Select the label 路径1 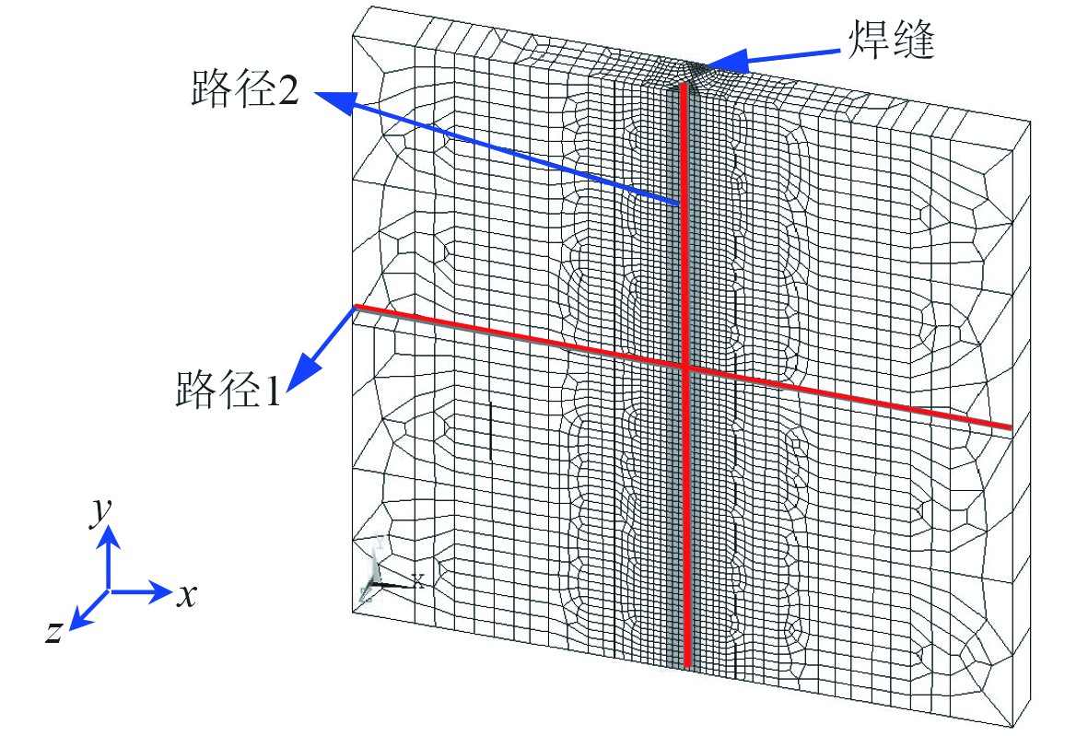[x=227, y=388]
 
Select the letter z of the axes [x=54, y=632]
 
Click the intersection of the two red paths [x=684, y=367]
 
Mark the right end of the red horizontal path [x=1012, y=427]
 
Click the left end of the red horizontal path [x=357, y=306]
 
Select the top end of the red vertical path [x=683, y=86]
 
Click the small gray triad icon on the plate [x=380, y=571]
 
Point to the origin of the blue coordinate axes [x=109, y=590]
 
